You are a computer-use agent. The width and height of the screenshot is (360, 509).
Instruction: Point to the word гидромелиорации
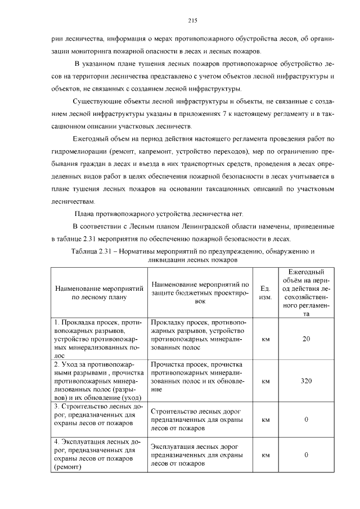pos(82,152)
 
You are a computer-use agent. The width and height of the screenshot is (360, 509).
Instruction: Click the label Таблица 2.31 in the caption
pos(92,251)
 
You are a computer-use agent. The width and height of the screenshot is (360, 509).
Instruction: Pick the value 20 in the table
pos(307,339)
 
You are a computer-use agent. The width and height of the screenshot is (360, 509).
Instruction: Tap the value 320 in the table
pos(307,381)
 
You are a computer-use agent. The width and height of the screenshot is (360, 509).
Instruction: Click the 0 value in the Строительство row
pos(307,420)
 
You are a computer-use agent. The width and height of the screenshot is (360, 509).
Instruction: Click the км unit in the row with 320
pos(266,381)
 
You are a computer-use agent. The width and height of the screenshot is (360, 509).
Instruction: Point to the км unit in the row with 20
pos(266,339)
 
